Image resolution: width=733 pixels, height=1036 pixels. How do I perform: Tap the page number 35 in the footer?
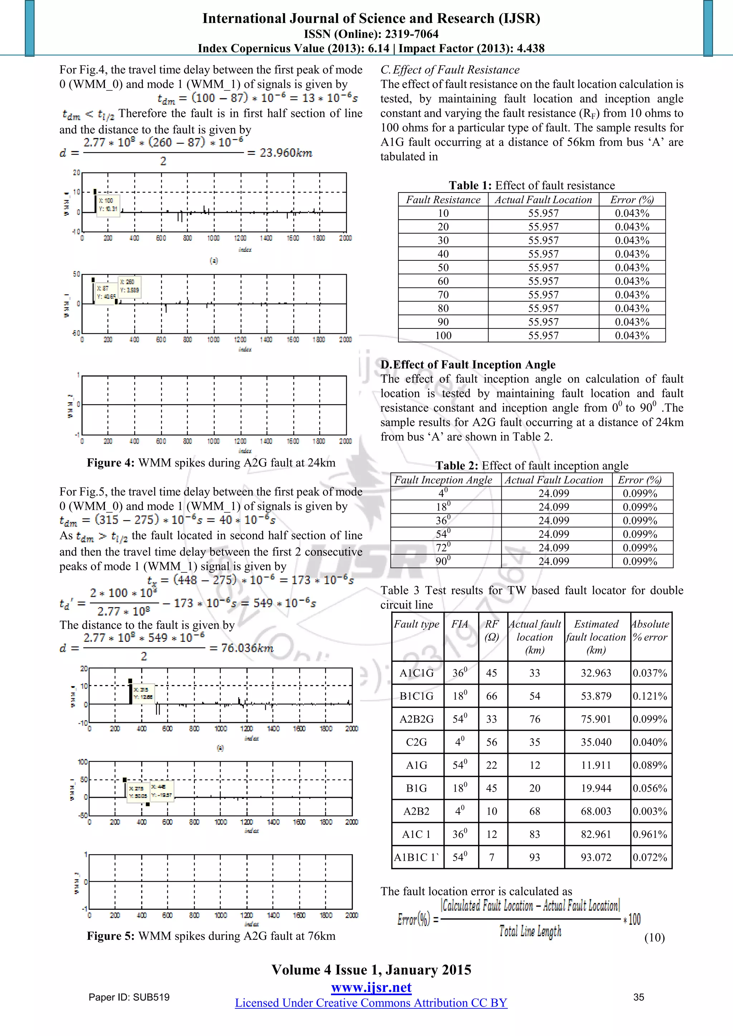638,997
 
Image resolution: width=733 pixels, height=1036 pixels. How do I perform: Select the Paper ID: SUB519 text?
129,997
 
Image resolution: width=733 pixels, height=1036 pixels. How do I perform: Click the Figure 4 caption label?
111,463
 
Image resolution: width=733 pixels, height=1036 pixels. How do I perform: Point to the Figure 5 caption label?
111,936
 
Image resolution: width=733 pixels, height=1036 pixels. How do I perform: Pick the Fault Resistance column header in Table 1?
443,200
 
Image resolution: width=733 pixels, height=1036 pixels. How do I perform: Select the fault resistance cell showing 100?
443,335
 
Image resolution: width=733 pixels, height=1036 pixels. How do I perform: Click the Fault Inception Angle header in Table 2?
443,480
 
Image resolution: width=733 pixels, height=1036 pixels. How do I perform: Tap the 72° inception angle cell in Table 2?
443,548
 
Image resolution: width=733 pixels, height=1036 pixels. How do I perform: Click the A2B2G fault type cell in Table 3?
416,719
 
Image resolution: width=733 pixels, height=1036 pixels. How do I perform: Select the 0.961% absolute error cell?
650,834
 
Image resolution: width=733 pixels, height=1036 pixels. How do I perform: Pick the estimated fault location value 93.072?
596,857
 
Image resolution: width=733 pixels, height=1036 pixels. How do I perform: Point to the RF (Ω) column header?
491,630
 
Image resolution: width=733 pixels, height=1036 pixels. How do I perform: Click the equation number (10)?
654,938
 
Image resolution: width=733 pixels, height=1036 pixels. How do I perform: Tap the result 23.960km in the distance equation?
286,153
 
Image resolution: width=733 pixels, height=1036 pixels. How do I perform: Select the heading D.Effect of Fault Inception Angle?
467,365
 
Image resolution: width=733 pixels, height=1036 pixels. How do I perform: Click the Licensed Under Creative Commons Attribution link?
371,1003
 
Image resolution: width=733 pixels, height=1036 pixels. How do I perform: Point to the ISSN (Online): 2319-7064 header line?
371,34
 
